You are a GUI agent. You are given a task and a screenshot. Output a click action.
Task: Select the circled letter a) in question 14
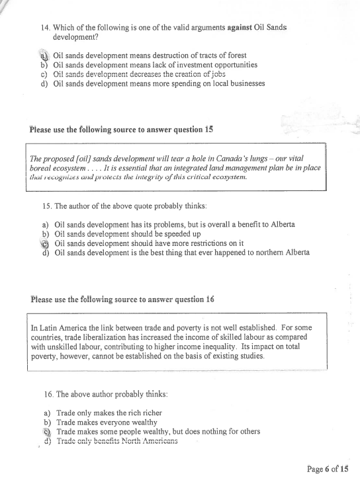pos(45,56)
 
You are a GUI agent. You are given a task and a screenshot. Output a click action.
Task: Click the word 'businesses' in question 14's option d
pos(243,83)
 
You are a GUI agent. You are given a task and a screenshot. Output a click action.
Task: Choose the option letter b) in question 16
pos(46,421)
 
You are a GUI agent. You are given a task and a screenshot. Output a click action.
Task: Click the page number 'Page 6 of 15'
pos(328,468)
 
